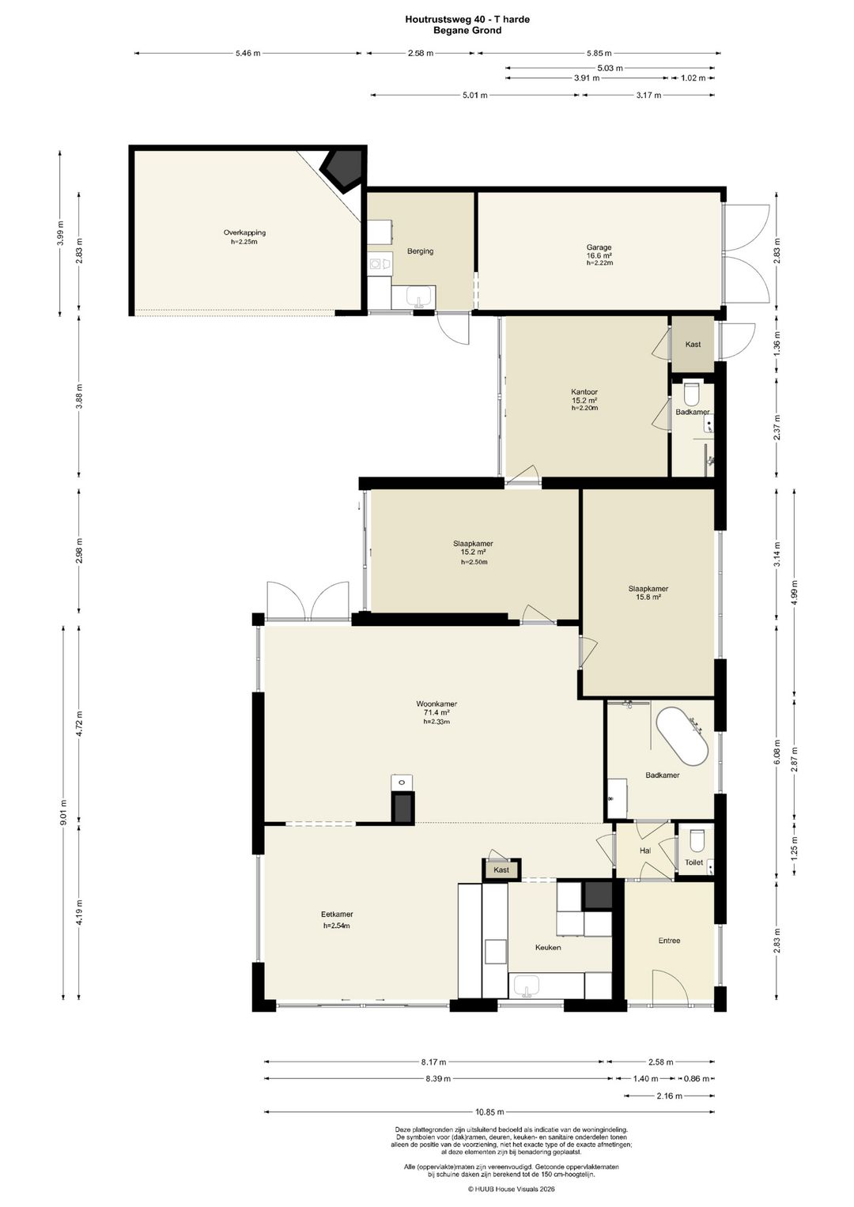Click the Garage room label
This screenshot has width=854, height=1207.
point(599,247)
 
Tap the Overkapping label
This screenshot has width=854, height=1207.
point(244,232)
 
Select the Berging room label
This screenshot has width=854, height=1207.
point(420,251)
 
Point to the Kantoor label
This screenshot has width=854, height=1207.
point(584,392)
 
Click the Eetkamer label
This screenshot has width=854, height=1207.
point(337,915)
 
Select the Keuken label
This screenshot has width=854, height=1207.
point(548,947)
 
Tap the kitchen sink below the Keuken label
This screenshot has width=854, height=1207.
point(526,986)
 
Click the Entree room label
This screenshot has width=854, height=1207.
point(669,941)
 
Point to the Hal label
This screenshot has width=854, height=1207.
point(644,851)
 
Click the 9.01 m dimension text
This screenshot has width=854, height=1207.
point(63,813)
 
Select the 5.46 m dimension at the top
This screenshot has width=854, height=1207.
point(248,53)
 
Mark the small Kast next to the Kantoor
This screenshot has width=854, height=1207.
point(693,344)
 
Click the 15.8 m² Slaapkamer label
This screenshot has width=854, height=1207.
point(648,593)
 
